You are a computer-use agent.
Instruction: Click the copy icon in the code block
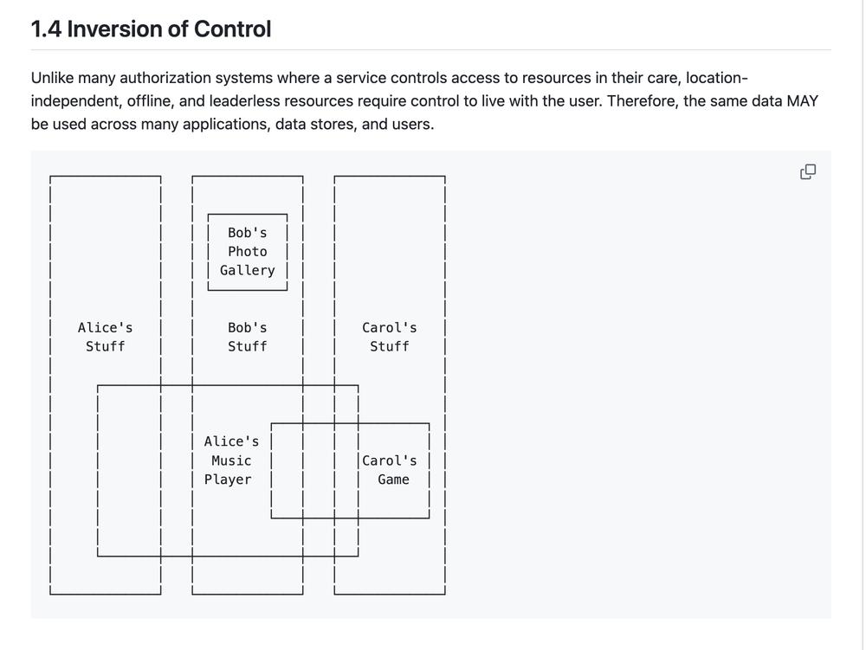[x=808, y=172]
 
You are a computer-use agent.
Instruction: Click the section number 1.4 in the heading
[x=46, y=29]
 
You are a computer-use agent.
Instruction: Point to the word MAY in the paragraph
[x=803, y=101]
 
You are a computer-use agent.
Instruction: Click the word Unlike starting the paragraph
[x=52, y=78]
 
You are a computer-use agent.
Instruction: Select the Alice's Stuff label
[x=105, y=338]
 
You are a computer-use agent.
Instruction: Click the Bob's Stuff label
[x=248, y=338]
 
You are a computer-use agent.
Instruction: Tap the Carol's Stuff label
[x=390, y=338]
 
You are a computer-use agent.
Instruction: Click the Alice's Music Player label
[x=231, y=460]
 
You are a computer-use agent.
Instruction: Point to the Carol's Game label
[x=390, y=470]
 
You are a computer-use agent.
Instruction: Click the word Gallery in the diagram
[x=248, y=270]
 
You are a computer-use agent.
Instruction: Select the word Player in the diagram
[x=228, y=479]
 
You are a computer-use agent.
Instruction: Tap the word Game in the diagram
[x=393, y=479]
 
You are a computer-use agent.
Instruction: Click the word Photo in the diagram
[x=248, y=252]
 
